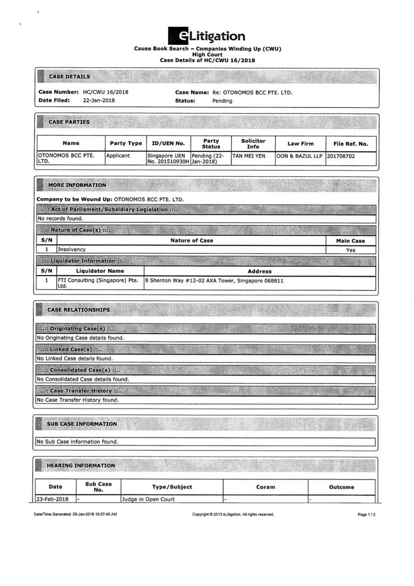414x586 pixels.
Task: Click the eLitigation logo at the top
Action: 207,36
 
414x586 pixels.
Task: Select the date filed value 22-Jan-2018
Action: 99,100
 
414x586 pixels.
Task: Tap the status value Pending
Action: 222,101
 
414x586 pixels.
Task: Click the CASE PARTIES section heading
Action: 69,122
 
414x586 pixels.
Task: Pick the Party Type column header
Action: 126,143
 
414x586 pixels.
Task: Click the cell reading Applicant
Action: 118,156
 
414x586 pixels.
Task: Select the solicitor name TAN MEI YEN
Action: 249,156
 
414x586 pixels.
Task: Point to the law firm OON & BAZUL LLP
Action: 300,156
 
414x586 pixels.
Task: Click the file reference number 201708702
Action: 341,156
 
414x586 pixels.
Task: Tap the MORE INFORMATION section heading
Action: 77,185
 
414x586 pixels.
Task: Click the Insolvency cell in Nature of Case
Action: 72,250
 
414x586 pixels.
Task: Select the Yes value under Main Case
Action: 351,250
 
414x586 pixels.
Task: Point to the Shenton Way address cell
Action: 214,281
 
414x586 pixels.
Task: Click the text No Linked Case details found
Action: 74,358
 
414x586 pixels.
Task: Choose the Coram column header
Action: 265,487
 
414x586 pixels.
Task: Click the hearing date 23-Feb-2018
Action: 53,499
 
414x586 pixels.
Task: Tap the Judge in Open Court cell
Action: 148,499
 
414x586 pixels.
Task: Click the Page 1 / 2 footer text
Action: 366,515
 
